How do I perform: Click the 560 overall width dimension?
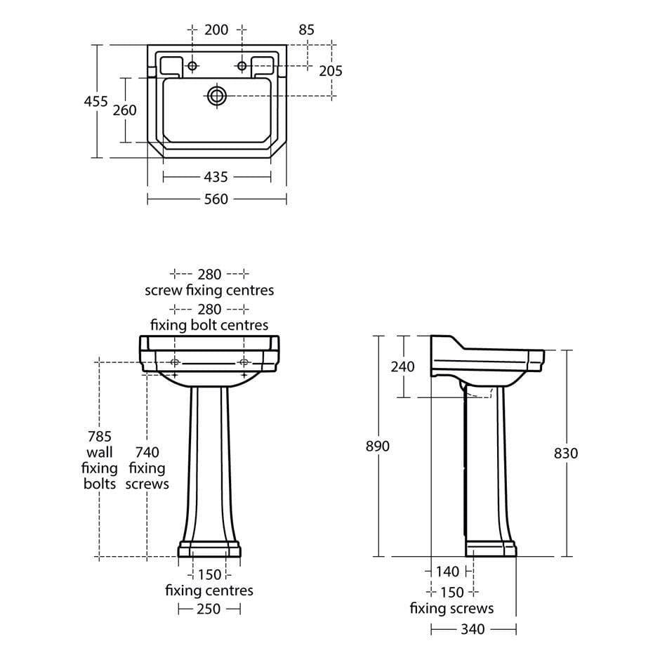[216, 199]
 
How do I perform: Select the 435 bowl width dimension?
[216, 178]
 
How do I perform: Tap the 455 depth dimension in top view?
[96, 101]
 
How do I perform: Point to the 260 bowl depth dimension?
[124, 110]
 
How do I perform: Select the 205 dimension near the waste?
[331, 70]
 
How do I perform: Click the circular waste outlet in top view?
[216, 95]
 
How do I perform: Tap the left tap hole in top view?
[192, 66]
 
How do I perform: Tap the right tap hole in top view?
[242, 66]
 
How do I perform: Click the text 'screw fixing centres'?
[209, 289]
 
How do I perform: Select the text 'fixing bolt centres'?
[209, 324]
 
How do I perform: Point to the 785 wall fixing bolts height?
[100, 436]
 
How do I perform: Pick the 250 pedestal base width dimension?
[209, 609]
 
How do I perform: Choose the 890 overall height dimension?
[378, 446]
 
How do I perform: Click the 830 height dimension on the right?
[566, 453]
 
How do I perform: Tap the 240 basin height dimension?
[402, 367]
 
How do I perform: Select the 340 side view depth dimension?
[473, 630]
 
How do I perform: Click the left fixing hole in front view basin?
[176, 362]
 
